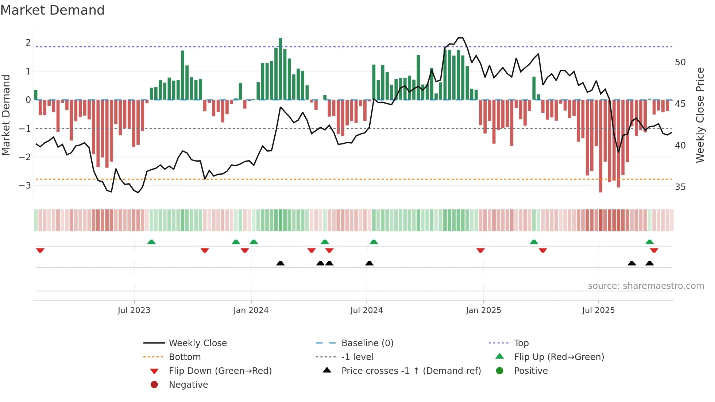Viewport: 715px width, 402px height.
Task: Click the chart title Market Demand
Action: pos(53,10)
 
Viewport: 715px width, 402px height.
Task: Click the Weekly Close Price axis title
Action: pos(700,115)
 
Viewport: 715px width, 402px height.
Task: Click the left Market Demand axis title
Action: pos(6,115)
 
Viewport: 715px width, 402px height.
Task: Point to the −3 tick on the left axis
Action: pos(25,185)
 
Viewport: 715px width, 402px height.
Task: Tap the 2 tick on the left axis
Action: pos(28,43)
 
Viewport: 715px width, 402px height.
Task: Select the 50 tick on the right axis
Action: pos(680,62)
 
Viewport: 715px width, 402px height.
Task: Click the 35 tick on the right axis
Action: pos(680,187)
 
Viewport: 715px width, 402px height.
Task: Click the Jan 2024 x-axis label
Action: pos(251,310)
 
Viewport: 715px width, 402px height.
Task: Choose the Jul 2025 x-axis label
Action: pos(598,310)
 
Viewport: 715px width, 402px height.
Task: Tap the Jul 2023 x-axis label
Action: pos(134,310)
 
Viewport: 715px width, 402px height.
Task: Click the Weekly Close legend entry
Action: pos(197,343)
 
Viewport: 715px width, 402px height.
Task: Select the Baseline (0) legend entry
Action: pos(367,343)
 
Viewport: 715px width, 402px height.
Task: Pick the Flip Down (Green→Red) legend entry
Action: pos(220,371)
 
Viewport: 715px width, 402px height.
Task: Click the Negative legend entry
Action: pos(188,385)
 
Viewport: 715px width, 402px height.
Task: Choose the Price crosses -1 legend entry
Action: pos(411,371)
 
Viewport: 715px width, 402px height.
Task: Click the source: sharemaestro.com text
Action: pos(646,286)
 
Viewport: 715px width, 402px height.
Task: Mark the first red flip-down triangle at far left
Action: pos(40,250)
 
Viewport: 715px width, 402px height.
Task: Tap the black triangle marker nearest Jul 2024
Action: pos(369,263)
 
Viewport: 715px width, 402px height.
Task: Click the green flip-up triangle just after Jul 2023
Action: pos(151,242)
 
